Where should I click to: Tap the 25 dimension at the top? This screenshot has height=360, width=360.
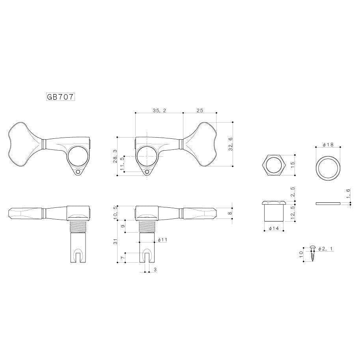tap(200, 111)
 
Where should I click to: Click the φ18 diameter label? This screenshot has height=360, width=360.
tap(328, 145)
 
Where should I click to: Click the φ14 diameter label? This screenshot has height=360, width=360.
tap(274, 228)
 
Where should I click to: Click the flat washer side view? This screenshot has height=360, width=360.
tap(328, 203)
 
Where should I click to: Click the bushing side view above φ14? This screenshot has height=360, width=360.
tap(274, 212)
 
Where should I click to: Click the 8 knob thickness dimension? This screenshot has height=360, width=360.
tap(230, 213)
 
